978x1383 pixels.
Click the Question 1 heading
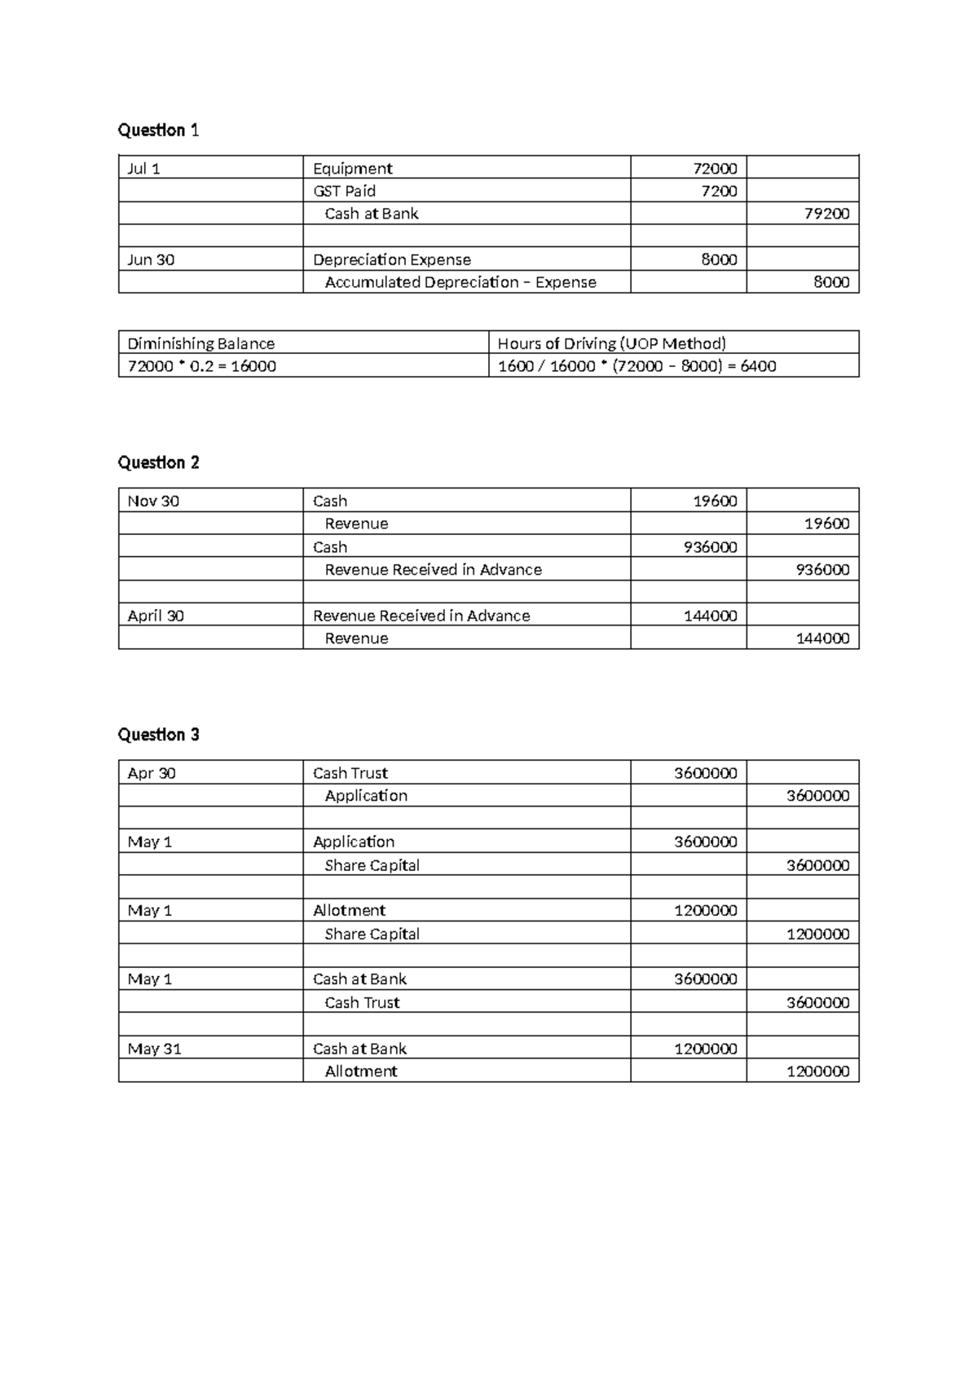158,130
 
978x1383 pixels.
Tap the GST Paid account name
344,191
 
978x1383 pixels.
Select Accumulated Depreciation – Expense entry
460,282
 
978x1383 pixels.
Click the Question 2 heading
158,462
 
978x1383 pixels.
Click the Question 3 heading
158,735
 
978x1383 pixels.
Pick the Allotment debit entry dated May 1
349,910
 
